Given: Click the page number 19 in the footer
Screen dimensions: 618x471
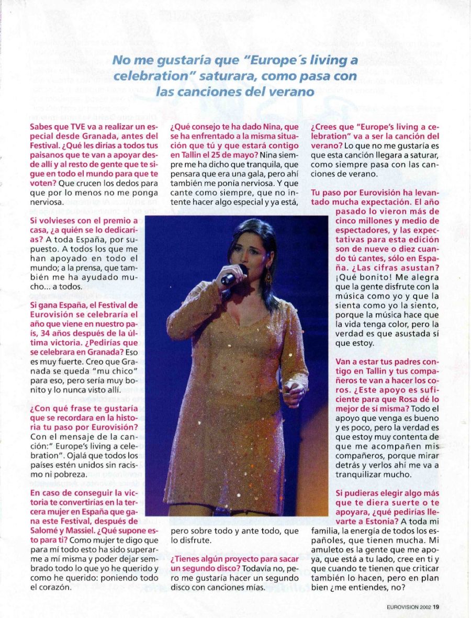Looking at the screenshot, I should (x=436, y=608).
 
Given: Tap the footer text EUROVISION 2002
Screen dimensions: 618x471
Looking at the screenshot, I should (x=409, y=608).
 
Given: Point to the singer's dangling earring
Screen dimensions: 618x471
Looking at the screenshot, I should (x=268, y=275).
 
